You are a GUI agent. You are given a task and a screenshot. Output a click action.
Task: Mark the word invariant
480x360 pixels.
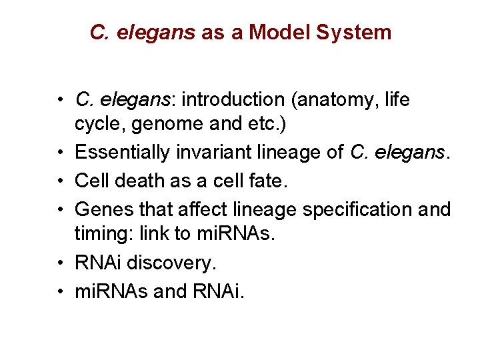coord(207,153)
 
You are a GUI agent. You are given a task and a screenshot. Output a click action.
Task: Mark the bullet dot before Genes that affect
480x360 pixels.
coord(60,209)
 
